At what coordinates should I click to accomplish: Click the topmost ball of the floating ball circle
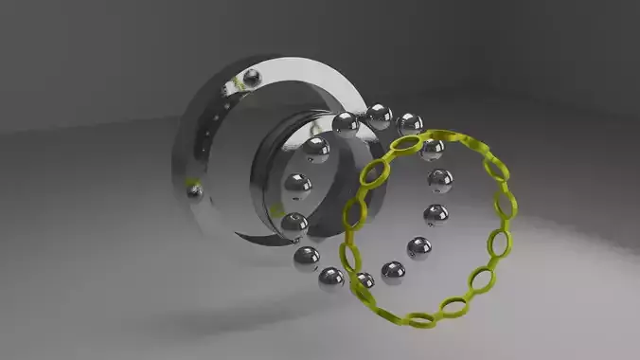click(x=379, y=117)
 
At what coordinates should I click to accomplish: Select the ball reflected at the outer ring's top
click(x=252, y=78)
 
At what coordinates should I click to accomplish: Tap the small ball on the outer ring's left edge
click(x=195, y=192)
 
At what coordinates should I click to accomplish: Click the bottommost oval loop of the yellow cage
click(x=423, y=318)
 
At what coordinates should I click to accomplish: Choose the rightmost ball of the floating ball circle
click(x=439, y=180)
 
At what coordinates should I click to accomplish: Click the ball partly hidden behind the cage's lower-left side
click(x=364, y=280)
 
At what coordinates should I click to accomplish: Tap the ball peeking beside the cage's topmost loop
click(x=433, y=149)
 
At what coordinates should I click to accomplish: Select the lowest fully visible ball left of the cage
click(x=331, y=278)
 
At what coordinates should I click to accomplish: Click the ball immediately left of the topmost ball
click(x=345, y=123)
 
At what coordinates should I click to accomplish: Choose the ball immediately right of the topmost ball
click(x=410, y=123)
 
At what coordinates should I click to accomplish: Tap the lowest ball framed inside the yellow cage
click(x=393, y=273)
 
